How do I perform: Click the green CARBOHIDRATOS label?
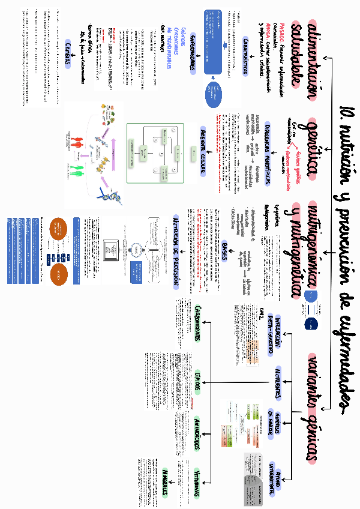199,324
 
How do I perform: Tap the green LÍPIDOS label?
199,382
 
